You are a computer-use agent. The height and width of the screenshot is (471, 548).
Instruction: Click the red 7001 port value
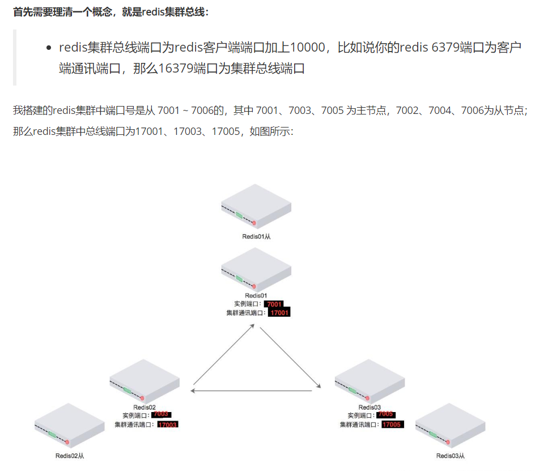tap(274, 304)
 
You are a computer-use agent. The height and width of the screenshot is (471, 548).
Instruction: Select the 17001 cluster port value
tap(279, 313)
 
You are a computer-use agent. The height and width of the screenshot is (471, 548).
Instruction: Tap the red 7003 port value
tap(161, 414)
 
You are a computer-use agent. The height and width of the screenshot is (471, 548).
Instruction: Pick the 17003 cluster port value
tap(168, 425)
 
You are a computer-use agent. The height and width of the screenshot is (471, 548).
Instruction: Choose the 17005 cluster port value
tap(392, 425)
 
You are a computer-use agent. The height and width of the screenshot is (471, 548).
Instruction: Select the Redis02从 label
tap(70, 456)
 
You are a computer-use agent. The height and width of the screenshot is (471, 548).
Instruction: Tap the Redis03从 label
tap(451, 456)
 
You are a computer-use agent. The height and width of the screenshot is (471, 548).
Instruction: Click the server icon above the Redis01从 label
tap(256, 207)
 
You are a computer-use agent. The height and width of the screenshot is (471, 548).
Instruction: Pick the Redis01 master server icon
tap(256, 269)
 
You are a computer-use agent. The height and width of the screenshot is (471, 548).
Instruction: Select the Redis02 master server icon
tap(145, 381)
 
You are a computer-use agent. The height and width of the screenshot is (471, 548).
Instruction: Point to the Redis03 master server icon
tap(369, 381)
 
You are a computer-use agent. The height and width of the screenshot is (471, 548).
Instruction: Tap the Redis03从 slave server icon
tap(451, 425)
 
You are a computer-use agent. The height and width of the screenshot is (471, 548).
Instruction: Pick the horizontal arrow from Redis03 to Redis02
tap(252, 391)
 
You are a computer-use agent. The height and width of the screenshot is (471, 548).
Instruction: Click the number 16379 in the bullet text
tap(176, 69)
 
